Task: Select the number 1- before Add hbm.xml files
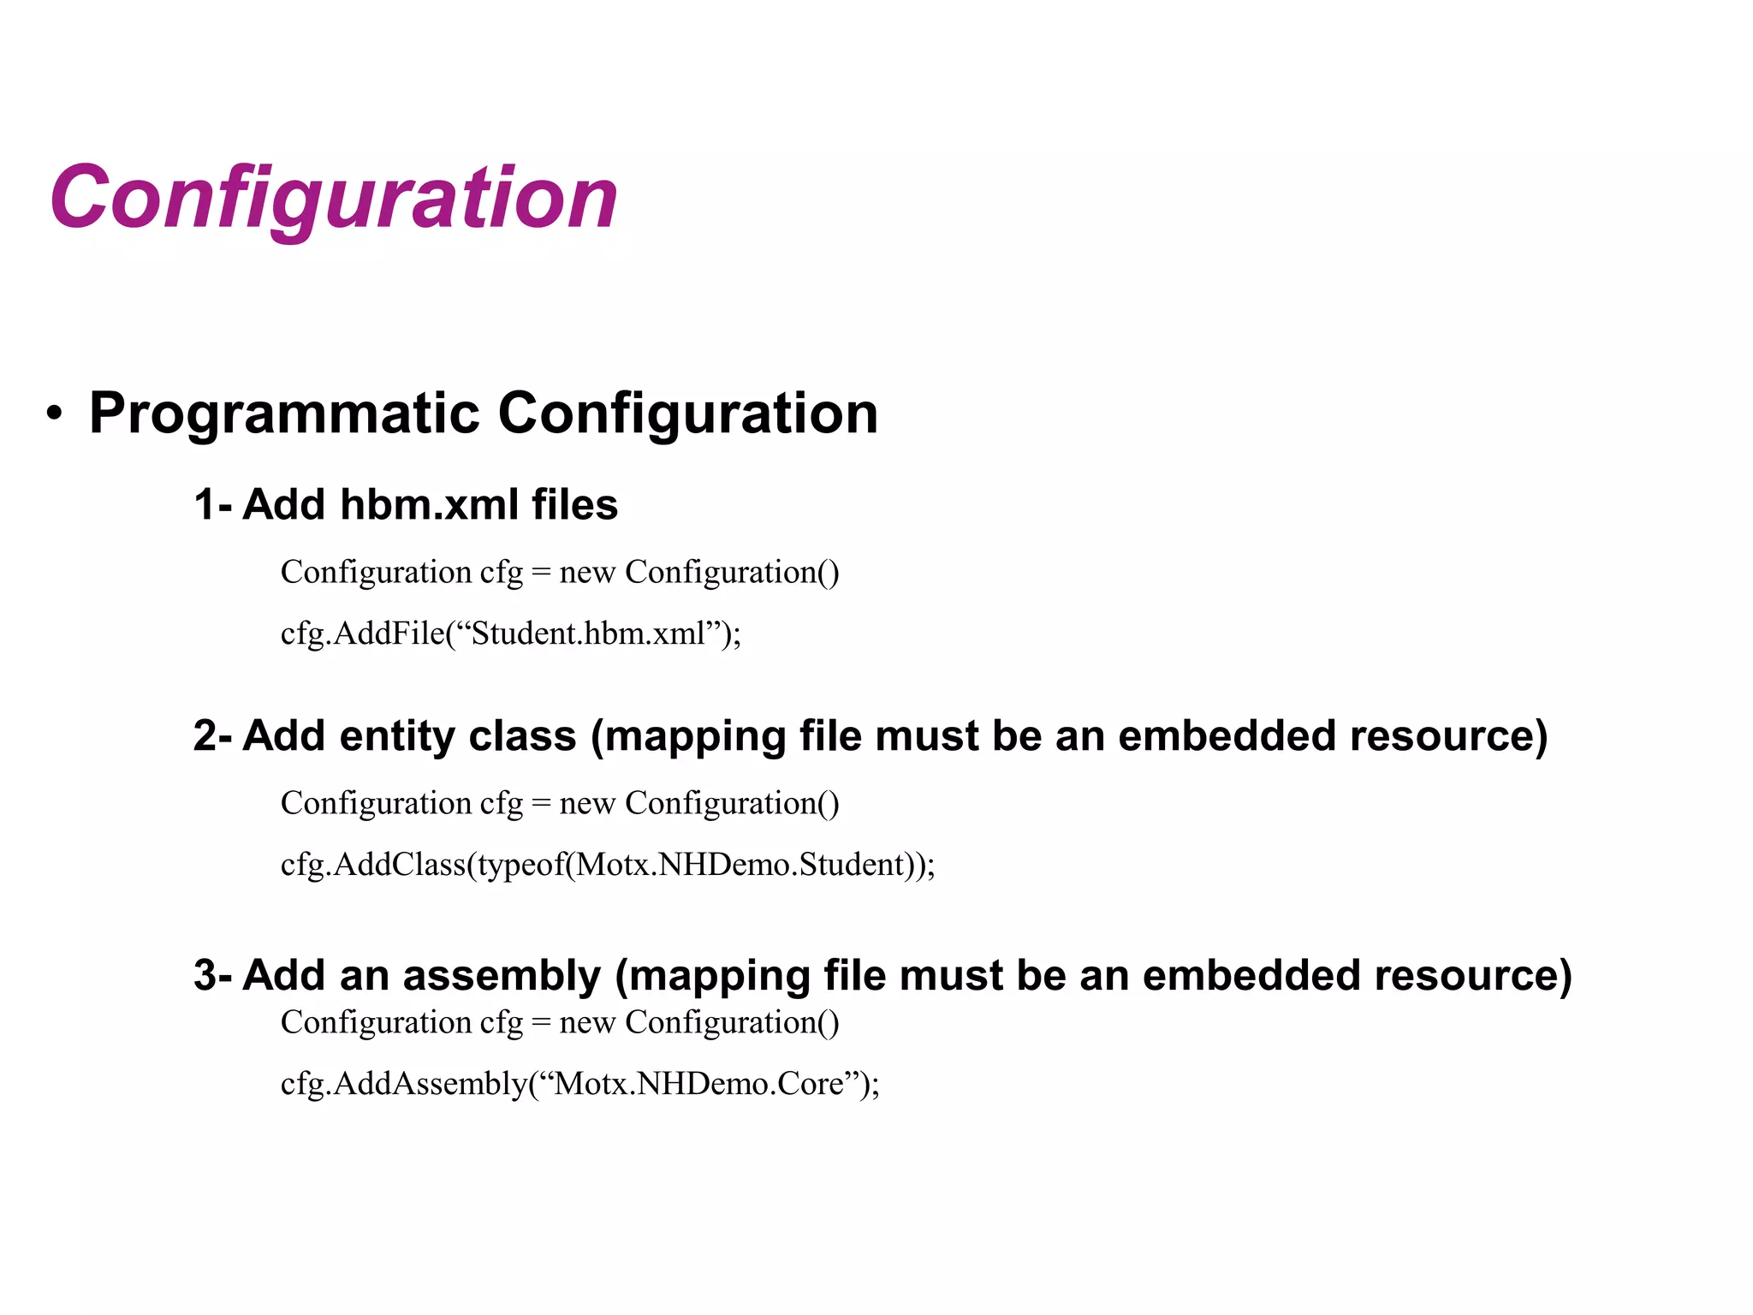pyautogui.click(x=212, y=504)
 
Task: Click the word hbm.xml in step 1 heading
pyautogui.click(x=429, y=504)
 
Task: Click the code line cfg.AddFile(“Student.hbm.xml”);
pyautogui.click(x=510, y=634)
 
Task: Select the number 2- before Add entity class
pyautogui.click(x=212, y=735)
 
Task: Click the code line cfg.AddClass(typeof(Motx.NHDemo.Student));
pyautogui.click(x=608, y=865)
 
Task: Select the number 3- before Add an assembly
pyautogui.click(x=212, y=975)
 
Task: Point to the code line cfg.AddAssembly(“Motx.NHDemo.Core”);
pyautogui.click(x=579, y=1084)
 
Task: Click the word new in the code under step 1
pyautogui.click(x=587, y=573)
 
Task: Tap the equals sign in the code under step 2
pyautogui.click(x=540, y=804)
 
